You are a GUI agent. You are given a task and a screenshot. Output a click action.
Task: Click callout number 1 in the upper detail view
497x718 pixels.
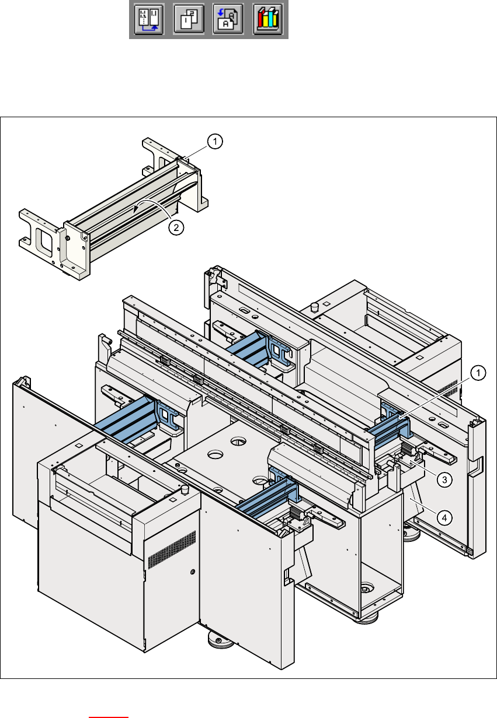(x=215, y=141)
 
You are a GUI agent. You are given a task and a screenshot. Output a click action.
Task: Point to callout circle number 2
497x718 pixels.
(x=175, y=228)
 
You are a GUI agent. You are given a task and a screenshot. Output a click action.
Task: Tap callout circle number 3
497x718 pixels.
(x=444, y=479)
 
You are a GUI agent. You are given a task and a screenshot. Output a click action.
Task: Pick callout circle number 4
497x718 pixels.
(x=444, y=516)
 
